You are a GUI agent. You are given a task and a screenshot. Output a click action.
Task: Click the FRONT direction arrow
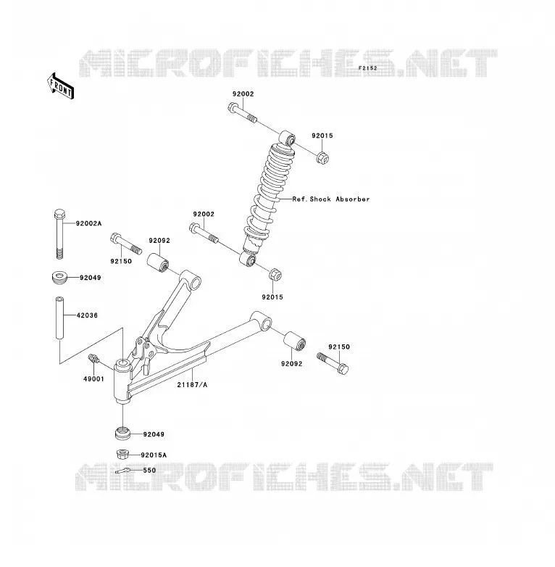point(61,86)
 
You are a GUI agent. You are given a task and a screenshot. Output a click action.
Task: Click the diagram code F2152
point(367,68)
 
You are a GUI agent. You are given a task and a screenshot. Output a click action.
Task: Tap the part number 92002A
point(88,223)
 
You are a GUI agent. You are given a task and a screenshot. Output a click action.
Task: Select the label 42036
point(87,315)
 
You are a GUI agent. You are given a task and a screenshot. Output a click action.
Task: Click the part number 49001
point(93,379)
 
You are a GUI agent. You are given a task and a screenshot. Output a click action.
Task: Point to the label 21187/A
point(192,385)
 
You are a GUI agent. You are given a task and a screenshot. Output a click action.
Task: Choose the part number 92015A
point(154,455)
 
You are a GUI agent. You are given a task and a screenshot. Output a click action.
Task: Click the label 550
point(149,470)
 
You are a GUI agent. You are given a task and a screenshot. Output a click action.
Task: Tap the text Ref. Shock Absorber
point(331,199)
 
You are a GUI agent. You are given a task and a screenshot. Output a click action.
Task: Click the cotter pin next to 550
point(123,471)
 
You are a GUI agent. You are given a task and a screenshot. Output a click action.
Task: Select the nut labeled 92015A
point(123,454)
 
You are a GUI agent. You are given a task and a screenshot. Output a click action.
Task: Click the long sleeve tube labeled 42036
point(59,318)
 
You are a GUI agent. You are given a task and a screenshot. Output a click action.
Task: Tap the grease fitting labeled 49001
point(93,359)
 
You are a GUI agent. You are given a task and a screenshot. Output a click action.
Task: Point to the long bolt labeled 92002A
point(59,233)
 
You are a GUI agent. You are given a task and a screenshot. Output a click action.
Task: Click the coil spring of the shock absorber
point(267,194)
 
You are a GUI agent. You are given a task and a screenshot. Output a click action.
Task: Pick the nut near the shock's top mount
point(322,157)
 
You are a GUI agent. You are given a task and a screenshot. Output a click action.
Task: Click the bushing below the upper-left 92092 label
point(158,263)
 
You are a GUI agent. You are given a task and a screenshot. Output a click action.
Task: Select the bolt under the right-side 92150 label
point(333,363)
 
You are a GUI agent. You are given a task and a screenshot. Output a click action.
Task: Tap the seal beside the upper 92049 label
point(59,278)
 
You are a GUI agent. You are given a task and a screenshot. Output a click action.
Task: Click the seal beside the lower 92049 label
point(123,434)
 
